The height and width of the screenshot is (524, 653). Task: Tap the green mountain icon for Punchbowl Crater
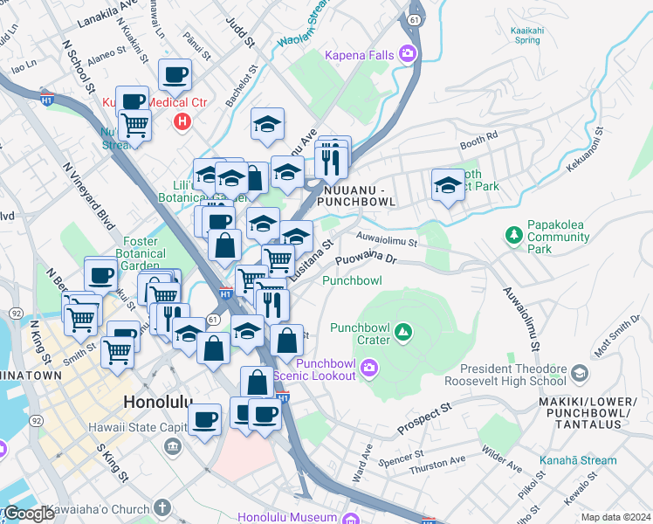pyautogui.click(x=402, y=332)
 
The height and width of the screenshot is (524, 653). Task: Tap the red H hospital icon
pyautogui.click(x=182, y=121)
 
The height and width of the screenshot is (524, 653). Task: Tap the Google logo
pyautogui.click(x=29, y=514)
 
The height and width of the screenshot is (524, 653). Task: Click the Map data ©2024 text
pyautogui.click(x=615, y=517)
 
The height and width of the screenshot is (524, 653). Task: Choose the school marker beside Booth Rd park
pyautogui.click(x=448, y=185)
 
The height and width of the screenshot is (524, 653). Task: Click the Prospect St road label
pyautogui.click(x=423, y=418)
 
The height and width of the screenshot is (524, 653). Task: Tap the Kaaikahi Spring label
pyautogui.click(x=528, y=35)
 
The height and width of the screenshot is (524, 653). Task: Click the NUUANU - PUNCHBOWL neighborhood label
pyautogui.click(x=356, y=196)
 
